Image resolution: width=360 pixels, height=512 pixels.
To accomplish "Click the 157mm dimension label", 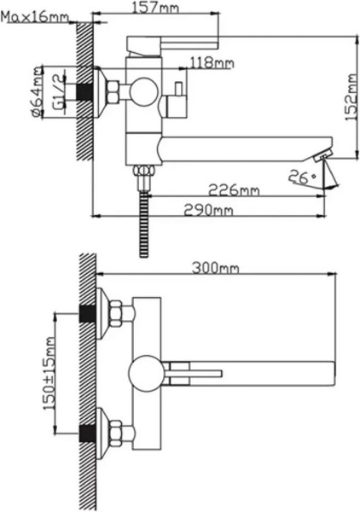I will [156, 8].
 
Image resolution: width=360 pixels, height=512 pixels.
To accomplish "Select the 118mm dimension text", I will [212, 62].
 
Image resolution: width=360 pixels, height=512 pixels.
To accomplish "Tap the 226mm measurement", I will [235, 189].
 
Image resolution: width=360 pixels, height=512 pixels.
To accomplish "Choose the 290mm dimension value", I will [212, 210].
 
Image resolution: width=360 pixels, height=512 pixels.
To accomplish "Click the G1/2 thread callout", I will [57, 91].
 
